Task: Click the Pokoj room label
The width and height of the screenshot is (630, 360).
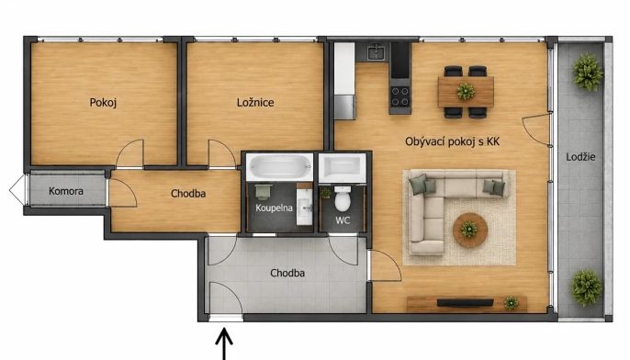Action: pos(103,103)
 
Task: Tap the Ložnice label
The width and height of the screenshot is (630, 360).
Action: pos(255,102)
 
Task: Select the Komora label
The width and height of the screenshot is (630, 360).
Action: pos(66,191)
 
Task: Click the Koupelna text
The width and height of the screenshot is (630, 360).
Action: pos(274,208)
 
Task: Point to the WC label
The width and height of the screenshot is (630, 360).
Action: pos(343,220)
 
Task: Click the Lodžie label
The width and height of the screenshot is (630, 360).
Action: pos(580,157)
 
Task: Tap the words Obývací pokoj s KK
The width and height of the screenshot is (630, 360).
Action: pos(452,141)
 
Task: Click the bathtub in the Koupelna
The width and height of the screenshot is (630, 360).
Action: pos(279,167)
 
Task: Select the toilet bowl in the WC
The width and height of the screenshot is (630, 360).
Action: pos(343,198)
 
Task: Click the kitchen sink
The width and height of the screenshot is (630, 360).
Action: pos(377,51)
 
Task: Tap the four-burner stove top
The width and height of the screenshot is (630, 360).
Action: pos(400,96)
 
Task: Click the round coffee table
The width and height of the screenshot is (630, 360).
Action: pos(470,231)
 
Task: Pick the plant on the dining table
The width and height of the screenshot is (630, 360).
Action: pos(466,92)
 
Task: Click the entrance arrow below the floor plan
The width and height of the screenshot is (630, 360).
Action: pos(224,343)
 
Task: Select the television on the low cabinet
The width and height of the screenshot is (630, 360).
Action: pos(466,302)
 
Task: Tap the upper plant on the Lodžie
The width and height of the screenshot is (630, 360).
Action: pos(588,73)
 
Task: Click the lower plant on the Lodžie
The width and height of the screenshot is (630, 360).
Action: pos(587,287)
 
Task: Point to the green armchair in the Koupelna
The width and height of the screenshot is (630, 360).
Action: pos(264,192)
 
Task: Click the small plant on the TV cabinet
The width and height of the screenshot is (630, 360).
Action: pos(511,303)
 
